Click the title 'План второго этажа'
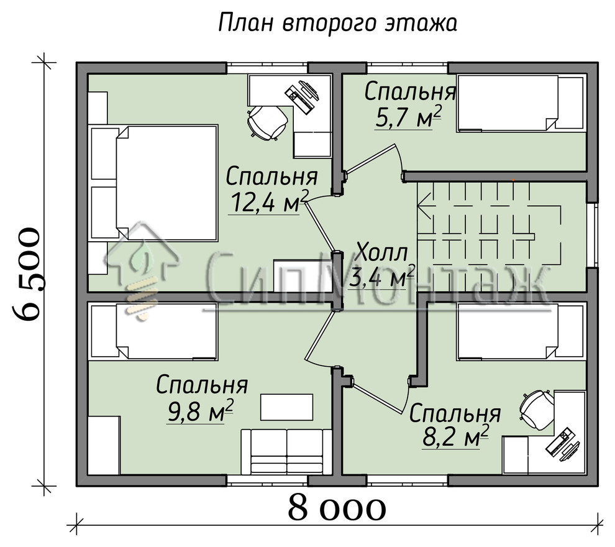pos(338,23)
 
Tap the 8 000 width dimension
pos(337,509)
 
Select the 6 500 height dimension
pos(28,273)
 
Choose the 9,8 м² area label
pos(200,410)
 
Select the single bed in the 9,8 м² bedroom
pos(153,331)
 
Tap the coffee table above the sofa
pos(287,407)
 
